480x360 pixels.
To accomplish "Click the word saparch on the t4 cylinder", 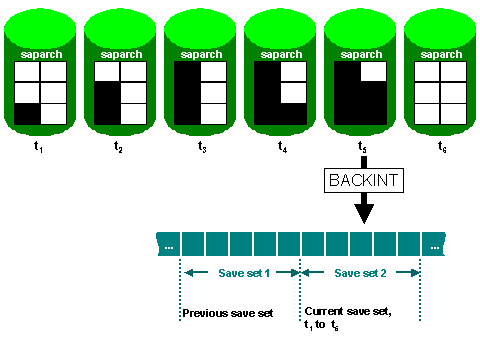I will [282, 51].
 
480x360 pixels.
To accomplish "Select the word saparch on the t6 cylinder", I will [442, 51].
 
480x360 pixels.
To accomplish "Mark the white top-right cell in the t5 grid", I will [373, 72].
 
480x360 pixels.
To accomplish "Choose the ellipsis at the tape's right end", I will [433, 243].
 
